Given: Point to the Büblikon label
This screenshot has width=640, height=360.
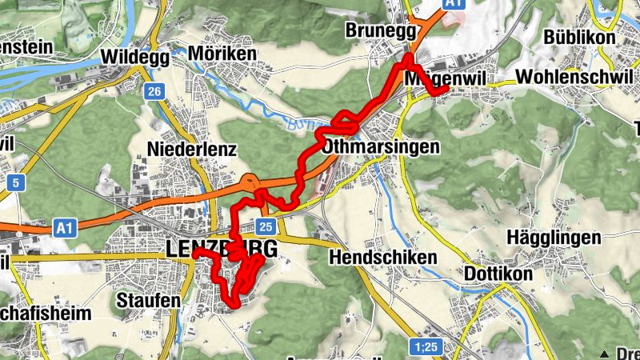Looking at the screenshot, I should point(579,38).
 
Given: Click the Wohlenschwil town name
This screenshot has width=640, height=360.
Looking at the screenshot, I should point(569,77).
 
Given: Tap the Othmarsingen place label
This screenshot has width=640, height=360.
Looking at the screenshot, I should point(381,147).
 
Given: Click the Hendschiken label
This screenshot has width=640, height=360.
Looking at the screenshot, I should point(383,258).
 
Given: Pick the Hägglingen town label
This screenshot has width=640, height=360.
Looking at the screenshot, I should point(554,238).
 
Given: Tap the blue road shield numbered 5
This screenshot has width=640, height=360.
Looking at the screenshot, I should point(15,183).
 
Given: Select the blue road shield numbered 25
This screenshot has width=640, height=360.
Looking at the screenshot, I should point(267,226).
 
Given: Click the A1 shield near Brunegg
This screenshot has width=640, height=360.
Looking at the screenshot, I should point(454,4).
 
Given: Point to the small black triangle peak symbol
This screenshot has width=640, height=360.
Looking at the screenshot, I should point(606,353).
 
